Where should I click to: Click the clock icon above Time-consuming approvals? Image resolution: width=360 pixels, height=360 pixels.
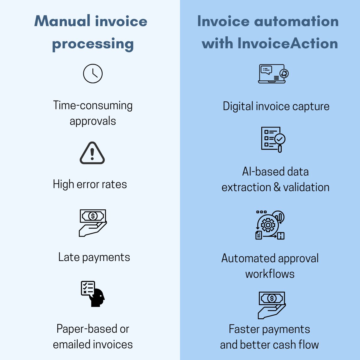click(x=93, y=73)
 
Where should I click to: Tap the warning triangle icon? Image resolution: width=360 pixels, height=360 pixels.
click(x=92, y=153)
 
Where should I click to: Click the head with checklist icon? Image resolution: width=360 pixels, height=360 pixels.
click(x=93, y=294)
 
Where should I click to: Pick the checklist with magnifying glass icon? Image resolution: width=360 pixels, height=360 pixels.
click(x=273, y=139)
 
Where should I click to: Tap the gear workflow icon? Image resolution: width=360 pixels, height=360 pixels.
click(x=270, y=225)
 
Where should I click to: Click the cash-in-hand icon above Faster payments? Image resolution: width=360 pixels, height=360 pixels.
click(x=272, y=305)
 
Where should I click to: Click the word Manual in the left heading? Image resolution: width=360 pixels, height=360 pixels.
click(x=62, y=21)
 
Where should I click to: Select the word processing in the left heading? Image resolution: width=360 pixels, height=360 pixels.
click(x=93, y=44)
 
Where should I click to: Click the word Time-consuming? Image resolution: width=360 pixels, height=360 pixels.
click(x=93, y=106)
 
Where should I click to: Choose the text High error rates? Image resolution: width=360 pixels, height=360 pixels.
click(x=90, y=184)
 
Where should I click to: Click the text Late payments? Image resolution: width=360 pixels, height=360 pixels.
click(x=94, y=257)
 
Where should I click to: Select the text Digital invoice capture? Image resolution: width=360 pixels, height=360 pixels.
click(x=276, y=106)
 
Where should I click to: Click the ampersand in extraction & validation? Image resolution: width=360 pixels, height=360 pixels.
click(x=277, y=187)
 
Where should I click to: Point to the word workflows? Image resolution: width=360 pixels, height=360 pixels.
click(x=270, y=274)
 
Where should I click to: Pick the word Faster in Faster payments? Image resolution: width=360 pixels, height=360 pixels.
click(x=244, y=329)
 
